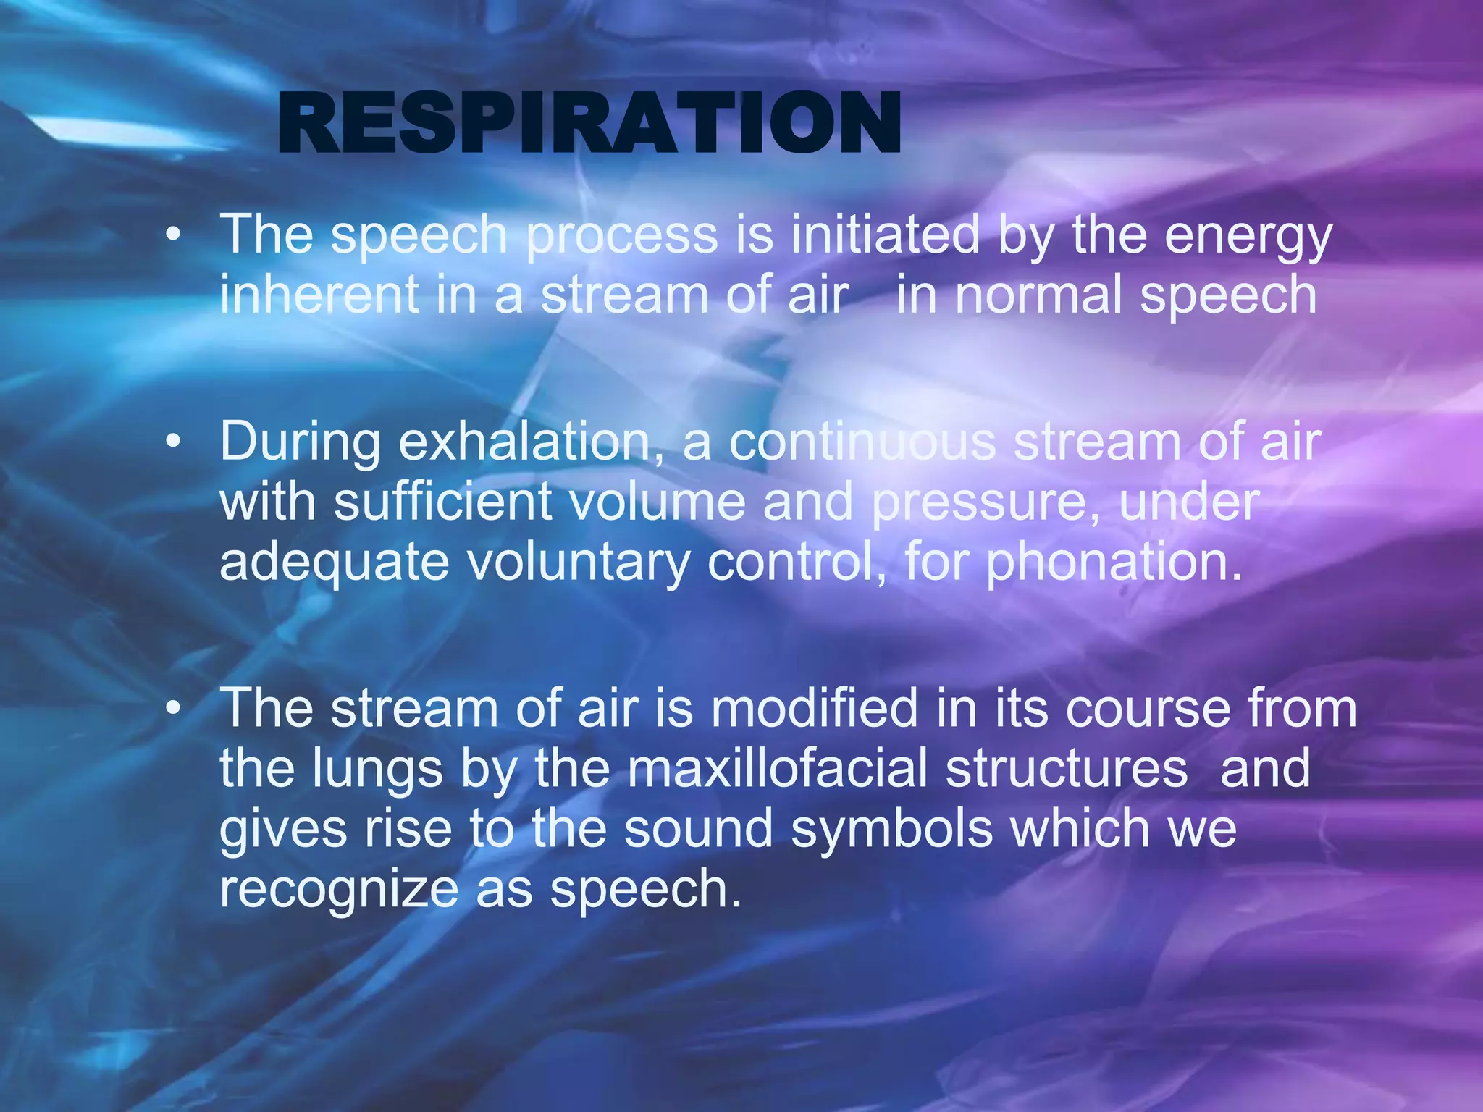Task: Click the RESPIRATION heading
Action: point(589,124)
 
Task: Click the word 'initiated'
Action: point(885,235)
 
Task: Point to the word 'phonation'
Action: point(1114,563)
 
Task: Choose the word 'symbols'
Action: point(891,830)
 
